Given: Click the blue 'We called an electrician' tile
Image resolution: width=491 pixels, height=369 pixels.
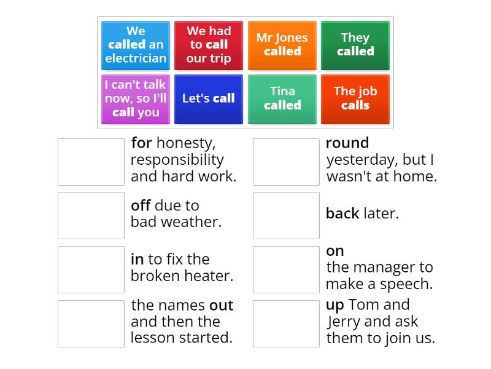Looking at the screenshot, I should (x=136, y=45).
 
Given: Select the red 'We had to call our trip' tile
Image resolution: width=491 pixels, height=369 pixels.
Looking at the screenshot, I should (x=209, y=45).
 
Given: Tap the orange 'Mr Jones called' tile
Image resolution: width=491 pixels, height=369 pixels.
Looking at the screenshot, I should (x=282, y=45).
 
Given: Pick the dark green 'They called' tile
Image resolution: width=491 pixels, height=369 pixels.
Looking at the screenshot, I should (x=355, y=45).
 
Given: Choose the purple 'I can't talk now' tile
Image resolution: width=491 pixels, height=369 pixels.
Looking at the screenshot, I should (x=136, y=98).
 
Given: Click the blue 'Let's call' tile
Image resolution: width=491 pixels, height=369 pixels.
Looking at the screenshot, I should (x=209, y=98).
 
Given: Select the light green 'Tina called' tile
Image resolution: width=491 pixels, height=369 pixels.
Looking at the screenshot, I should (x=282, y=98).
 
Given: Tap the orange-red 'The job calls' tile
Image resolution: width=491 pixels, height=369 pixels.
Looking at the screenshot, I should (x=355, y=98).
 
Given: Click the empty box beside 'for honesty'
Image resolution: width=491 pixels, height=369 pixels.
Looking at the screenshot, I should (x=91, y=162).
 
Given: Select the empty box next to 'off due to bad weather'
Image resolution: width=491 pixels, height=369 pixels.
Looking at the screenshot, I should (x=91, y=215).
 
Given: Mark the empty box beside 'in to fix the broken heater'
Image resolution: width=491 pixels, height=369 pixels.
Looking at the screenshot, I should (x=91, y=269).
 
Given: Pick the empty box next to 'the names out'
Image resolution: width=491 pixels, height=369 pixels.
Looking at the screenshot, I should (x=91, y=323).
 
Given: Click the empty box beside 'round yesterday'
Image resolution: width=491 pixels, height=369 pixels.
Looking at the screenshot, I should (x=286, y=162).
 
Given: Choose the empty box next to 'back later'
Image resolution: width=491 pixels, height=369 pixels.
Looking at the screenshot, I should (x=286, y=215).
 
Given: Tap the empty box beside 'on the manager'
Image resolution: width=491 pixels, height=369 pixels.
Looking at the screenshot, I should (x=286, y=269).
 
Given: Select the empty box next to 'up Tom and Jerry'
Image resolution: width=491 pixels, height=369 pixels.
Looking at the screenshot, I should (x=286, y=323).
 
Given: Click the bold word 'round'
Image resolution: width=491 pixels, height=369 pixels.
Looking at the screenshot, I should (x=347, y=143).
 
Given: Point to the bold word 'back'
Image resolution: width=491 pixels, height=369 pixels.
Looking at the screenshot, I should (x=342, y=214).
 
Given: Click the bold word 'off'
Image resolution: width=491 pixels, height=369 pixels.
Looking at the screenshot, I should (x=141, y=205).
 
